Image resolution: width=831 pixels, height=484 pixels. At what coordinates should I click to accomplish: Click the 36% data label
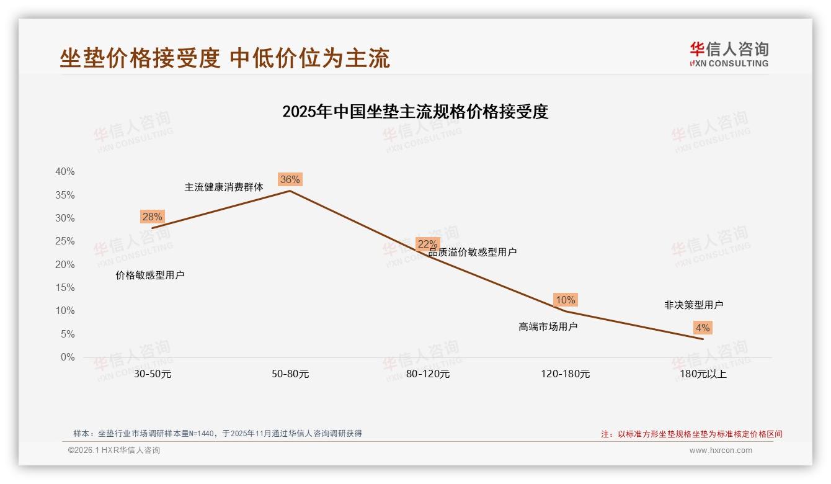(x=290, y=180)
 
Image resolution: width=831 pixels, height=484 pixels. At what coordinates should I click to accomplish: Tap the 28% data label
(x=152, y=217)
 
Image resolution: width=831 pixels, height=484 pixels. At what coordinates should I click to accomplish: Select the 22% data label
(x=427, y=244)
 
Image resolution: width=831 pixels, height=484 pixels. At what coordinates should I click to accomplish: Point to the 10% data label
(x=565, y=300)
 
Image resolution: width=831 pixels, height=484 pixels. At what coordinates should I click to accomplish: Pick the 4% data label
(x=703, y=328)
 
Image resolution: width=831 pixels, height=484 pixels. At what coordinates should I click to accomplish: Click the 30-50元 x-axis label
(x=153, y=374)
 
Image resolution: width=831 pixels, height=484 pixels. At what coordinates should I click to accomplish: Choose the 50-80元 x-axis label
(x=290, y=374)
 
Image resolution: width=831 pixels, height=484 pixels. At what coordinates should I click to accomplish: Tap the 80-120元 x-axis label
(x=428, y=374)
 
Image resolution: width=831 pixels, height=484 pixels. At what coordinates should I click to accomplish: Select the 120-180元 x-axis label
(x=566, y=374)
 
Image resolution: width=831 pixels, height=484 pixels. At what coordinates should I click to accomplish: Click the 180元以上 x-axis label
(x=703, y=374)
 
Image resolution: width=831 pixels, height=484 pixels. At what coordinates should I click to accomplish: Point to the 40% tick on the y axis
(x=65, y=172)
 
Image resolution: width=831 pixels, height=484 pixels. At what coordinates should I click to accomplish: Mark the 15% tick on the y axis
(x=65, y=288)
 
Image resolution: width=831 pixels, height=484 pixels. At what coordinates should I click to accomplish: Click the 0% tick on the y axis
(x=68, y=357)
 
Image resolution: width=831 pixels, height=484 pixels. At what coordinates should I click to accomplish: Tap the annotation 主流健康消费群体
(x=224, y=187)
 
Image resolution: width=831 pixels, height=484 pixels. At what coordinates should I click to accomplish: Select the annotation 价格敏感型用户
(x=150, y=275)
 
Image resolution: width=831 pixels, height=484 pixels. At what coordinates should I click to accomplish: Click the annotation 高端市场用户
(x=548, y=326)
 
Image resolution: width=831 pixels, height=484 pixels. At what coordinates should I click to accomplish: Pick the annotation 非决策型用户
(x=694, y=305)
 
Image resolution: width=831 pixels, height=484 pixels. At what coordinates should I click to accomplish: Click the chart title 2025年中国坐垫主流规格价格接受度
(x=416, y=112)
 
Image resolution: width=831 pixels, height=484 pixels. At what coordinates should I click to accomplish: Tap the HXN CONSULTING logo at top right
(x=729, y=54)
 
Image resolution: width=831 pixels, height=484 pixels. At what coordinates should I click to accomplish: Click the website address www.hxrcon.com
(x=721, y=450)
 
